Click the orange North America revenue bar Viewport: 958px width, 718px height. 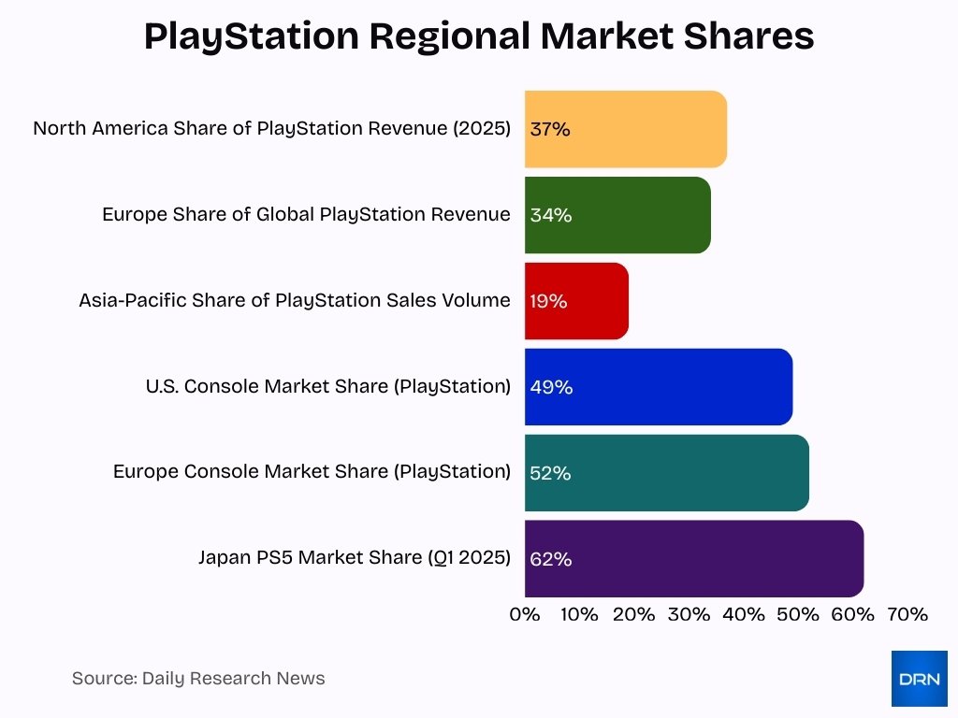pyautogui.click(x=626, y=129)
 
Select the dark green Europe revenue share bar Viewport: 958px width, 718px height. pyautogui.click(x=617, y=215)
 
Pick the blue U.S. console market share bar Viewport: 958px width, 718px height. pyautogui.click(x=659, y=387)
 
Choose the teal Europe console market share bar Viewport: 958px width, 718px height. pyautogui.click(x=666, y=473)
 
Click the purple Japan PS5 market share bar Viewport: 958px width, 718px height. pyautogui.click(x=694, y=559)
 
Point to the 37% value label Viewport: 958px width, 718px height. pyautogui.click(x=550, y=129)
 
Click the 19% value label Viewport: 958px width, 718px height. pyautogui.click(x=548, y=301)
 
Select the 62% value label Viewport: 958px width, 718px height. pyautogui.click(x=550, y=559)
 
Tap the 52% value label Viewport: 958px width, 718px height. pyautogui.click(x=550, y=473)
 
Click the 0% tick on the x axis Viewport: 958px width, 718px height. pyautogui.click(x=525, y=614)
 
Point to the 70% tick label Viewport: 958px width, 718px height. pyautogui.click(x=907, y=614)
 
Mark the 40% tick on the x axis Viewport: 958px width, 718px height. pyautogui.click(x=744, y=614)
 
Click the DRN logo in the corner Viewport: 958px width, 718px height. pyautogui.click(x=919, y=679)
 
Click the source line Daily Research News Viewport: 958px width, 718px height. pyautogui.click(x=198, y=679)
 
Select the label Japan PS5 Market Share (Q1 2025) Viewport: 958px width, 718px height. pyautogui.click(x=355, y=558)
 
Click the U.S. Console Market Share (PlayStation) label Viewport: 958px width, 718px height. pyautogui.click(x=328, y=386)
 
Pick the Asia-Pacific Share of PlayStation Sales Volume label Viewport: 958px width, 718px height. pyautogui.click(x=295, y=300)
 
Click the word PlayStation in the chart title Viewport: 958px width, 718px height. pyautogui.click(x=251, y=36)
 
